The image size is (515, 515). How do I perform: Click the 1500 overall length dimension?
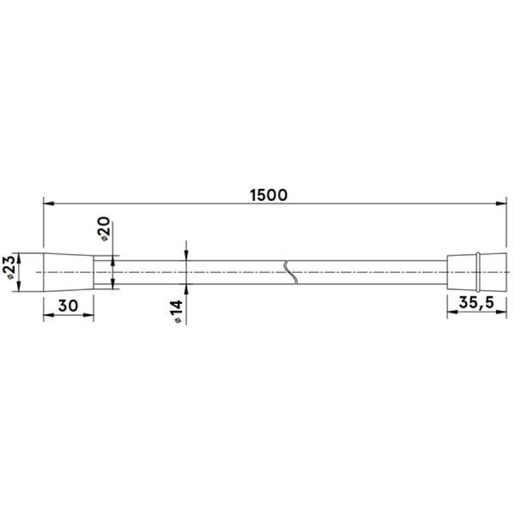[x=269, y=195]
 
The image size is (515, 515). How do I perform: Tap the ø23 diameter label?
[x=9, y=267]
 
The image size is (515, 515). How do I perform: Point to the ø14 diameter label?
[x=177, y=312]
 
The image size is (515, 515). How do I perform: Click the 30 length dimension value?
[x=68, y=306]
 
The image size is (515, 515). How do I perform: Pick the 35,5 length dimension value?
[x=476, y=303]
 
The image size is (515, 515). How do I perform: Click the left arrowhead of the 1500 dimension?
[x=49, y=204]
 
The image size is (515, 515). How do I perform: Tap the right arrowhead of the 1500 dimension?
[x=501, y=204]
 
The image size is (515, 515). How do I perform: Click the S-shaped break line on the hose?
[x=291, y=272]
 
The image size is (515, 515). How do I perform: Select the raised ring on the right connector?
[x=478, y=272]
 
